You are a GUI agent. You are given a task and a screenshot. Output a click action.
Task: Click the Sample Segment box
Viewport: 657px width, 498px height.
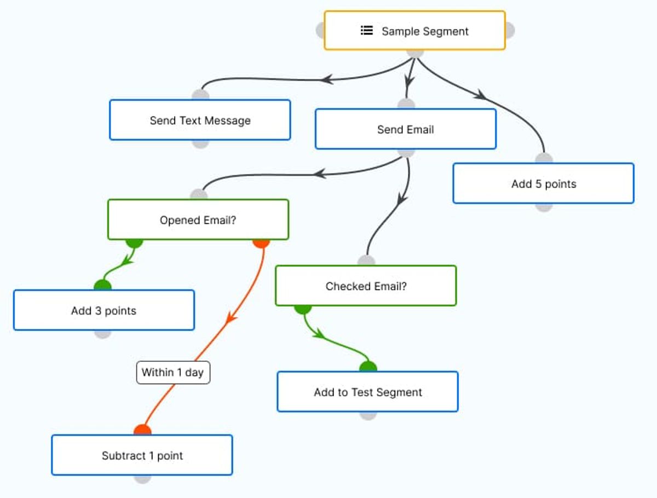tap(414, 30)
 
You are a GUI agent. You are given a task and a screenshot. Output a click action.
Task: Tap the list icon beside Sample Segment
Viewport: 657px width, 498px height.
tap(367, 30)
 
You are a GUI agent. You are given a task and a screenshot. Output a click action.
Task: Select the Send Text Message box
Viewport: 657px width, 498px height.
tap(200, 120)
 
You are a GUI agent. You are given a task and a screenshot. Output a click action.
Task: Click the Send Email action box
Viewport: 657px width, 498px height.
tap(406, 129)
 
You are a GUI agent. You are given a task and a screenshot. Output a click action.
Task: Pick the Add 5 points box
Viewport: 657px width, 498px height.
tap(544, 183)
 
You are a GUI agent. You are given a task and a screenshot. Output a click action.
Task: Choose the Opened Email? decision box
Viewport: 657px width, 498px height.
tap(198, 219)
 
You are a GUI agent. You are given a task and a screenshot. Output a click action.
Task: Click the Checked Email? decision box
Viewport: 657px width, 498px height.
tap(366, 286)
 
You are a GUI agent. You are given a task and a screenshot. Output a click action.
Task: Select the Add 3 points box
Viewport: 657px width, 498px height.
tap(104, 310)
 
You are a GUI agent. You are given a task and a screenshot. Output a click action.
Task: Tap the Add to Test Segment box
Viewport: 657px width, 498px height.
tap(367, 391)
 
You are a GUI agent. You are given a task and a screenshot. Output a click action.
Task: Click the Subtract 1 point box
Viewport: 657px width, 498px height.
tap(142, 455)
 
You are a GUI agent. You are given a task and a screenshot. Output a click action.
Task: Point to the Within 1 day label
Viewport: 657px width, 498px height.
tap(173, 372)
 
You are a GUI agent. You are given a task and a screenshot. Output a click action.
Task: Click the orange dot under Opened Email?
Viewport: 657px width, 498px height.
tap(261, 244)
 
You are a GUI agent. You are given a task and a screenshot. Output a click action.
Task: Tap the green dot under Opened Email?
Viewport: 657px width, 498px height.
tap(134, 244)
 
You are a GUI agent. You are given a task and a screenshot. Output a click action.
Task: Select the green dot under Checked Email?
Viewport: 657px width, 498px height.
tap(303, 310)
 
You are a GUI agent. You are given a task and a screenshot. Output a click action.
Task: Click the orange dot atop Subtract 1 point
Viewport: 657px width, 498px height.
tap(142, 430)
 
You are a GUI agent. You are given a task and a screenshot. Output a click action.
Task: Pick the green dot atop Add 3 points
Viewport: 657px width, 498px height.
tap(103, 285)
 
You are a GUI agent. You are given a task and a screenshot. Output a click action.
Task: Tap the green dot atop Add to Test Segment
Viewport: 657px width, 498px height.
tap(368, 367)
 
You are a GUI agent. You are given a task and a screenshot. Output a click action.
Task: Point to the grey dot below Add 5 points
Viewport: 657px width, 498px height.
tap(544, 207)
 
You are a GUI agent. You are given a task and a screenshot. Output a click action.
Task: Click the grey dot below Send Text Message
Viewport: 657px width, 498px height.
tap(200, 144)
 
